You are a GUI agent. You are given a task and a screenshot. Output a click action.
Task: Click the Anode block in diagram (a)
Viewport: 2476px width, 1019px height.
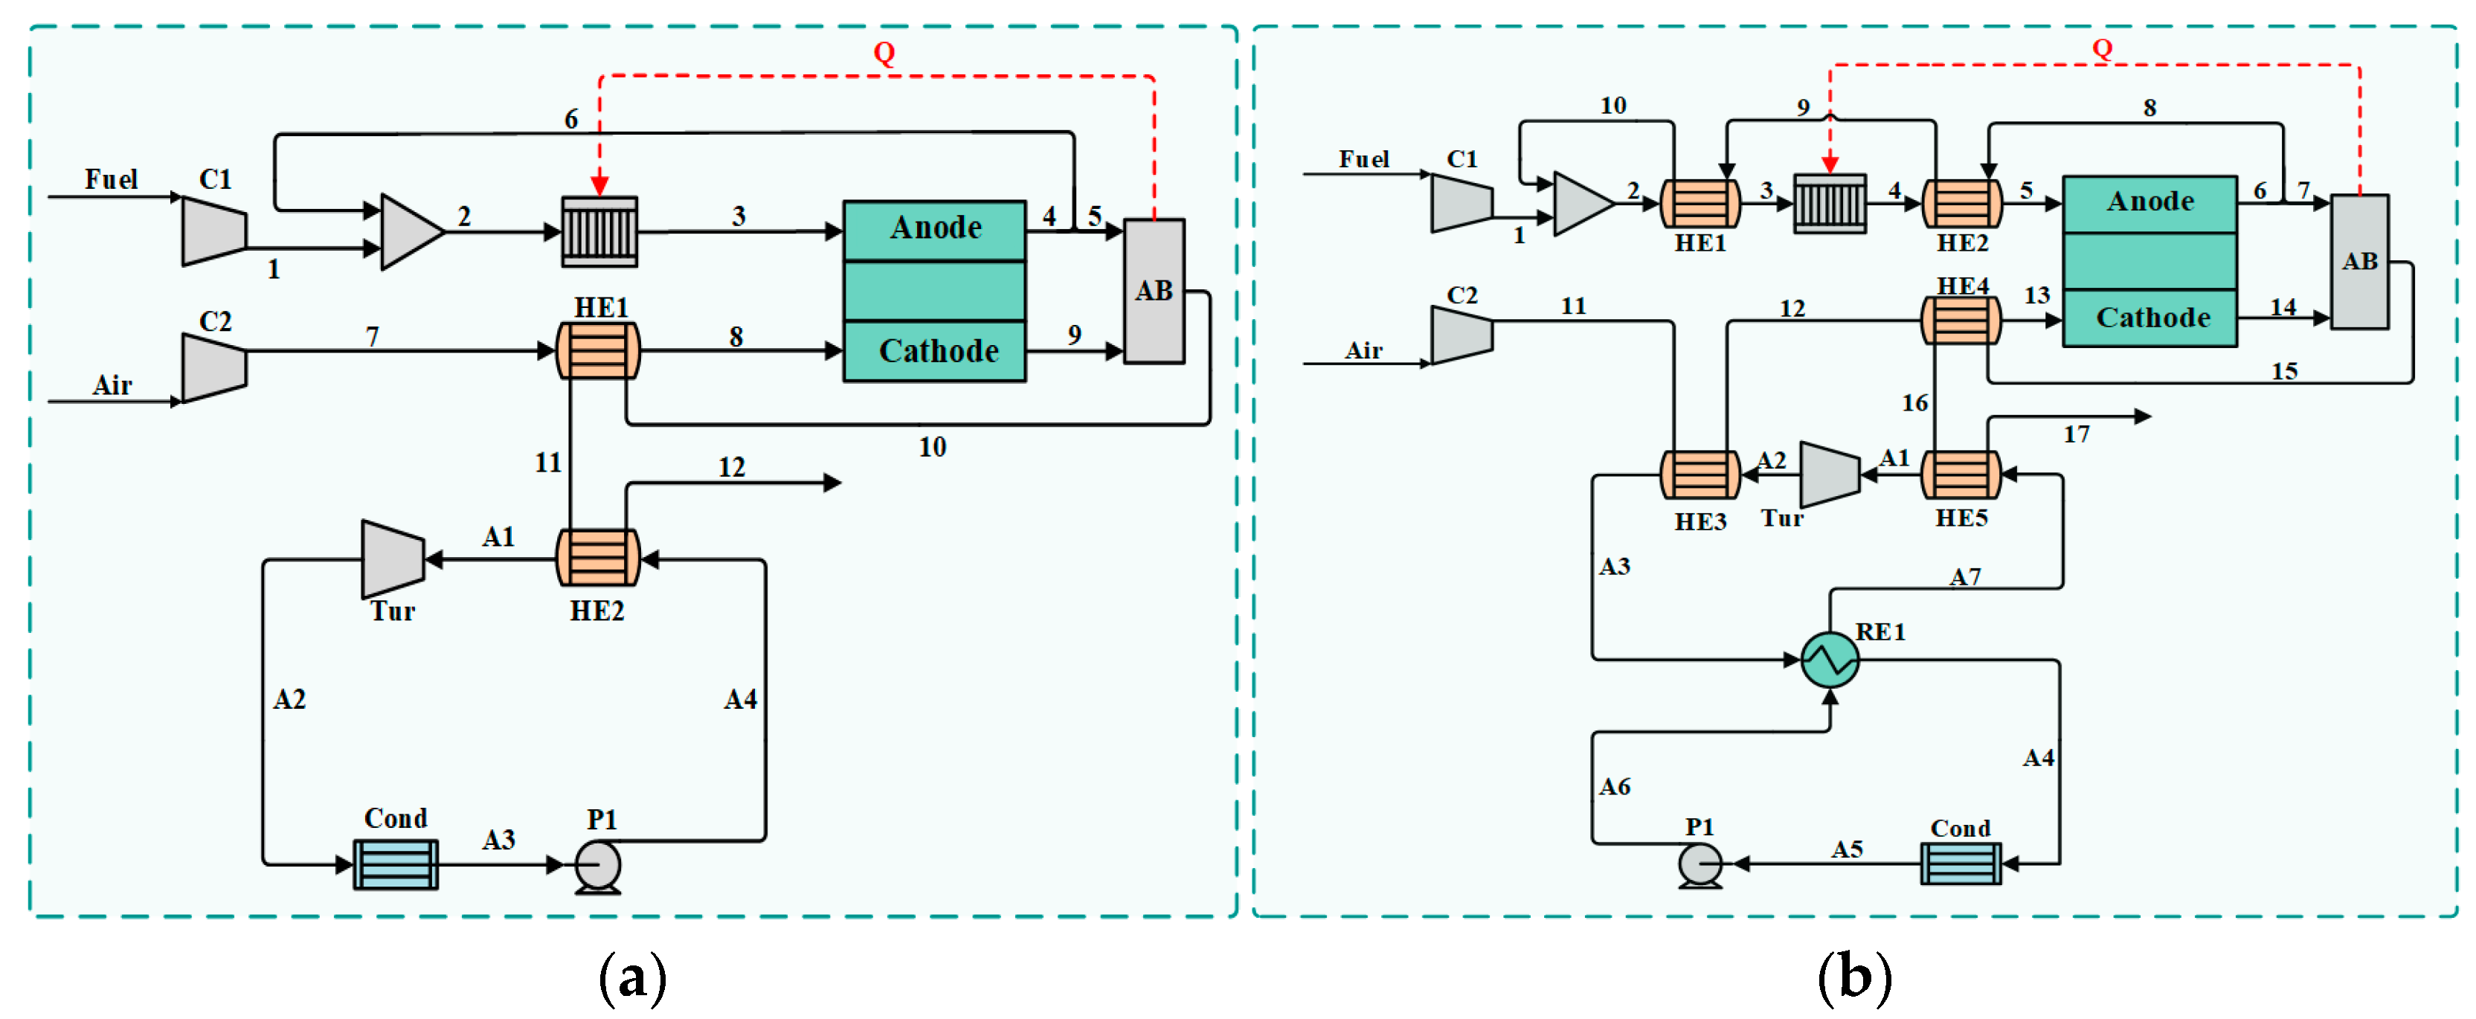click(x=934, y=230)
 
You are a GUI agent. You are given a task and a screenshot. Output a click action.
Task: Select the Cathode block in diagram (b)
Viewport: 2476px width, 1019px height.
click(x=2150, y=318)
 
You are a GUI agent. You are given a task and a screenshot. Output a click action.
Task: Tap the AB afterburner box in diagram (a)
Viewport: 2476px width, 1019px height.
click(x=1154, y=290)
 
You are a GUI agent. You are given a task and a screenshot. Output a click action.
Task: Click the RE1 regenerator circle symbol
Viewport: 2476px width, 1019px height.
click(x=1829, y=660)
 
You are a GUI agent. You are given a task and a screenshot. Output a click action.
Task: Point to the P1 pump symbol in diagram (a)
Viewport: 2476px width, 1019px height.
click(x=598, y=865)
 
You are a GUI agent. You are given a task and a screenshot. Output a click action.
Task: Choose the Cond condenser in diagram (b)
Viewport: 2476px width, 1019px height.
click(x=1961, y=864)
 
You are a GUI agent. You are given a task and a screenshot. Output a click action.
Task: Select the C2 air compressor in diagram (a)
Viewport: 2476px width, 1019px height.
click(x=214, y=368)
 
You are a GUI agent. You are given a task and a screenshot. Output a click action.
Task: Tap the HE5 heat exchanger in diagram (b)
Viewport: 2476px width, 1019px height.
click(x=1961, y=475)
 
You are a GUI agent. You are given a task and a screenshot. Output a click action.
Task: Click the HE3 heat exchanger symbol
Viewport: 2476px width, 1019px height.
click(x=1700, y=475)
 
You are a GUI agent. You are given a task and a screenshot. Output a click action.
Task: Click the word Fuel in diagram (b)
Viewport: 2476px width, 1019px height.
click(x=1363, y=160)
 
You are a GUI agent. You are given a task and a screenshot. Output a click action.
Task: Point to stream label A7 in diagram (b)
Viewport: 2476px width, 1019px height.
click(x=1964, y=576)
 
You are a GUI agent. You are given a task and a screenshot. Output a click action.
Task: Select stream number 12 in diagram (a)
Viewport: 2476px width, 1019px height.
click(x=731, y=467)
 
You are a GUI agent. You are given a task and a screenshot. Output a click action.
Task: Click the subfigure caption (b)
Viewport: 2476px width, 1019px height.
click(x=1854, y=977)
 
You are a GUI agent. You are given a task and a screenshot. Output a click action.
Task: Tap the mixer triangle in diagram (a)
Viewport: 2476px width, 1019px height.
click(x=411, y=231)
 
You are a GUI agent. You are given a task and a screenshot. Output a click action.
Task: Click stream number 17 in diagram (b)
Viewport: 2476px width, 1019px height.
click(x=2075, y=434)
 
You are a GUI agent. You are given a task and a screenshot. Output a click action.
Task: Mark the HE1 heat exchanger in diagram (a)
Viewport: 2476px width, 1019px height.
click(x=598, y=351)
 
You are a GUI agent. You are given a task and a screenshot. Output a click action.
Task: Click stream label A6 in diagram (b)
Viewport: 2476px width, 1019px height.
click(x=1614, y=788)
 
